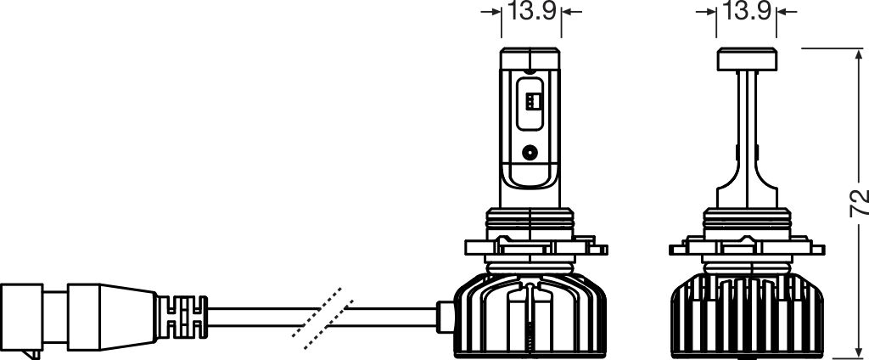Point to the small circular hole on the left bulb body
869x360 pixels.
[530, 153]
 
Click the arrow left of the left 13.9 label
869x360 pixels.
[491, 12]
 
